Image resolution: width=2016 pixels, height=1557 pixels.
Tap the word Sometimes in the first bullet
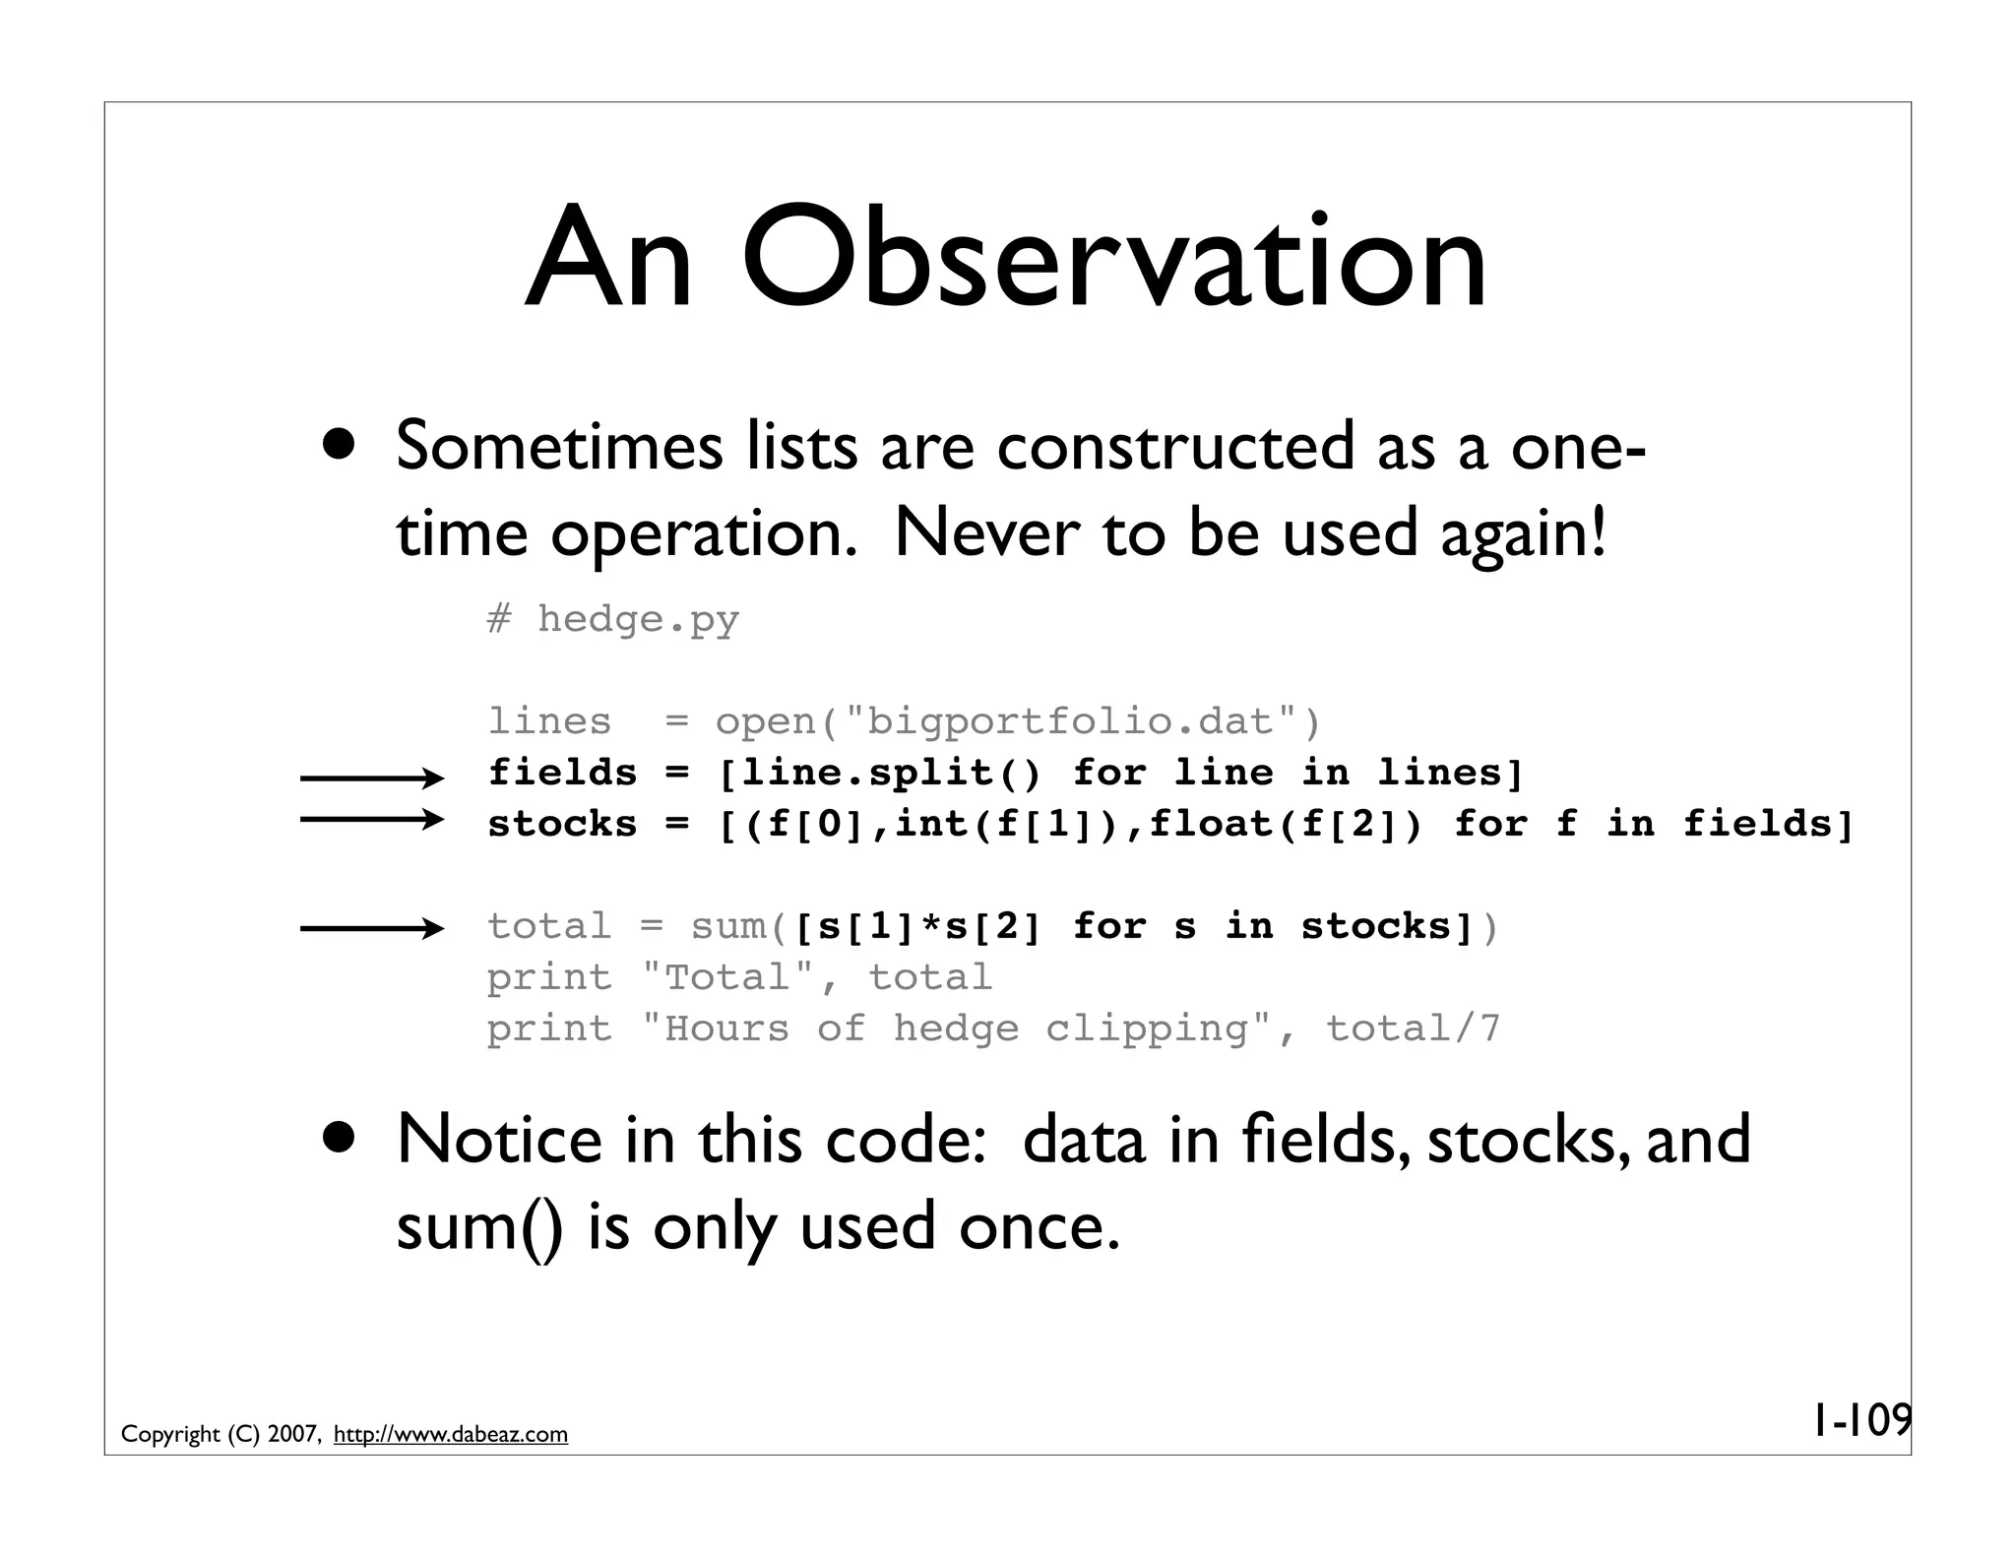pos(558,446)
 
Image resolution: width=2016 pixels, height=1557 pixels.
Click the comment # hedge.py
pos(612,619)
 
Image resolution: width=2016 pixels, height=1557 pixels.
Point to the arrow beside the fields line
pos(372,779)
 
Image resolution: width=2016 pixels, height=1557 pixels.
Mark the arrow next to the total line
pos(372,928)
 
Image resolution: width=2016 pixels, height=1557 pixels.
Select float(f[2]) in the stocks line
pos(1286,824)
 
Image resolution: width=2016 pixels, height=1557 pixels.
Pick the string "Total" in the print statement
pos(727,977)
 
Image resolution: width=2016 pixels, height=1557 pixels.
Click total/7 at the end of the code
pos(1413,1028)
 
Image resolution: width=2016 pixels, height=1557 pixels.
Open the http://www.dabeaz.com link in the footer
pos(451,1434)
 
